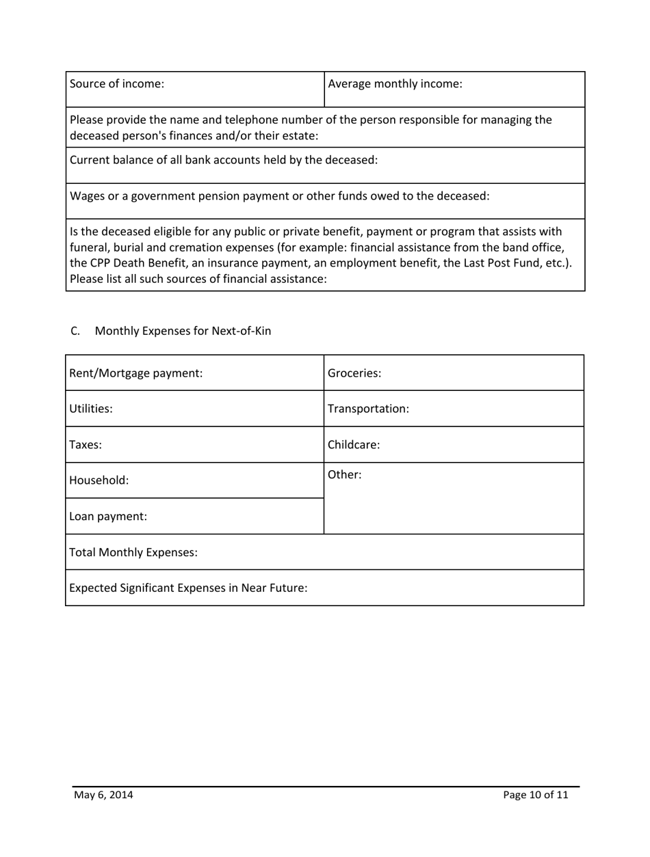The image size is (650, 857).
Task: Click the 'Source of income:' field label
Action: click(117, 85)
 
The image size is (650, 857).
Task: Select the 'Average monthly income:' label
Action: click(395, 85)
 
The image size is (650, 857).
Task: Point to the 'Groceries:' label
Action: click(354, 373)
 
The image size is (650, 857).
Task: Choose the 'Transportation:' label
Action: click(369, 409)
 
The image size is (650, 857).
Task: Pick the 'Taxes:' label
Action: click(86, 445)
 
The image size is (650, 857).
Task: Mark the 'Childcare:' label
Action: click(354, 445)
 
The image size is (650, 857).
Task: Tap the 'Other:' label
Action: click(345, 474)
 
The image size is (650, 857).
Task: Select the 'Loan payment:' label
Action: click(108, 517)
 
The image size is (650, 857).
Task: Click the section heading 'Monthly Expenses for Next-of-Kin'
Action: click(183, 331)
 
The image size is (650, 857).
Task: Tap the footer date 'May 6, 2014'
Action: click(104, 795)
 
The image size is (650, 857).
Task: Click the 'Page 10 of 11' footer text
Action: click(536, 795)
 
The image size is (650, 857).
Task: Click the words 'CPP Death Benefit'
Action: click(133, 263)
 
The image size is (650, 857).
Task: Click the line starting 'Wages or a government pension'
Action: click(280, 196)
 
